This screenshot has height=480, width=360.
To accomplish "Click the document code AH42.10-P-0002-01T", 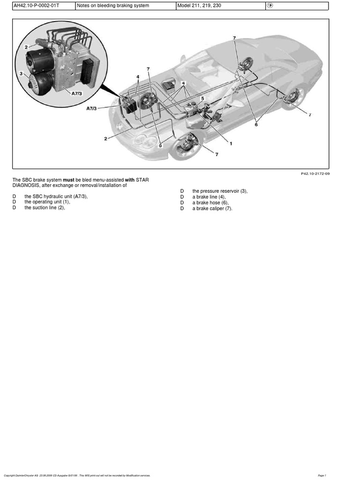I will pos(33,6).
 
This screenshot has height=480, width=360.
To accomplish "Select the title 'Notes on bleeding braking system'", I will pos(113,6).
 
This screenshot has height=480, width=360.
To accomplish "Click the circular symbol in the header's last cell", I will pos(270,6).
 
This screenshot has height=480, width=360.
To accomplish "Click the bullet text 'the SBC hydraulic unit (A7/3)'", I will pos(56,196).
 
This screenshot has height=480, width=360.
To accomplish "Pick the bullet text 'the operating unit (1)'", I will pos(47,202).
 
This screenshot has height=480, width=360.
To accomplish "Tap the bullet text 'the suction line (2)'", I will pos(45,208).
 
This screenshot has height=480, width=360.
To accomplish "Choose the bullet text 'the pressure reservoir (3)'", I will pos(219,191).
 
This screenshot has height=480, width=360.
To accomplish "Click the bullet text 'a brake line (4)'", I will pos(209,197).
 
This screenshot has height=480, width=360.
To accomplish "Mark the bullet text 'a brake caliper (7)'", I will pos(212,209).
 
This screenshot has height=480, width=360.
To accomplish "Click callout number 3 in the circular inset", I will pos(21,74).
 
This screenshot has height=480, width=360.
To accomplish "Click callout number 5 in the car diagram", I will pos(202,98).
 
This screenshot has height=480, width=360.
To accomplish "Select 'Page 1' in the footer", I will pos(322,475).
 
